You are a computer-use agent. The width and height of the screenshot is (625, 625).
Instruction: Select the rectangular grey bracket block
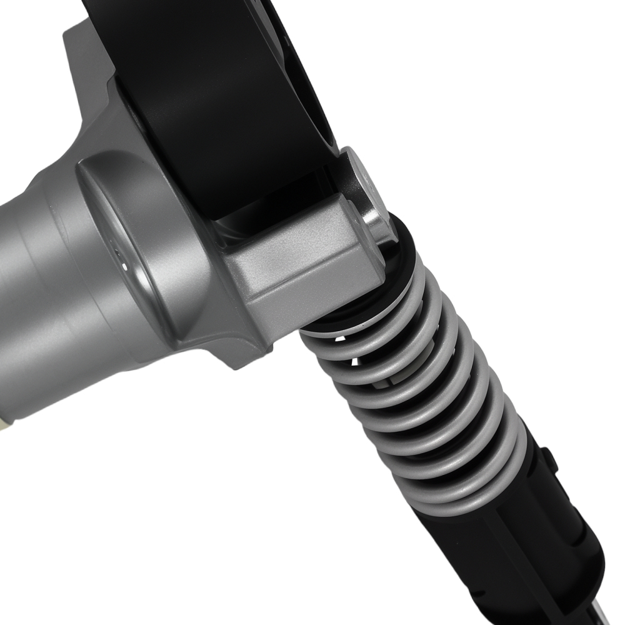click(300, 262)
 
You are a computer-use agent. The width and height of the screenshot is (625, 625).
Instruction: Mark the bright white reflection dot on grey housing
click(124, 266)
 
